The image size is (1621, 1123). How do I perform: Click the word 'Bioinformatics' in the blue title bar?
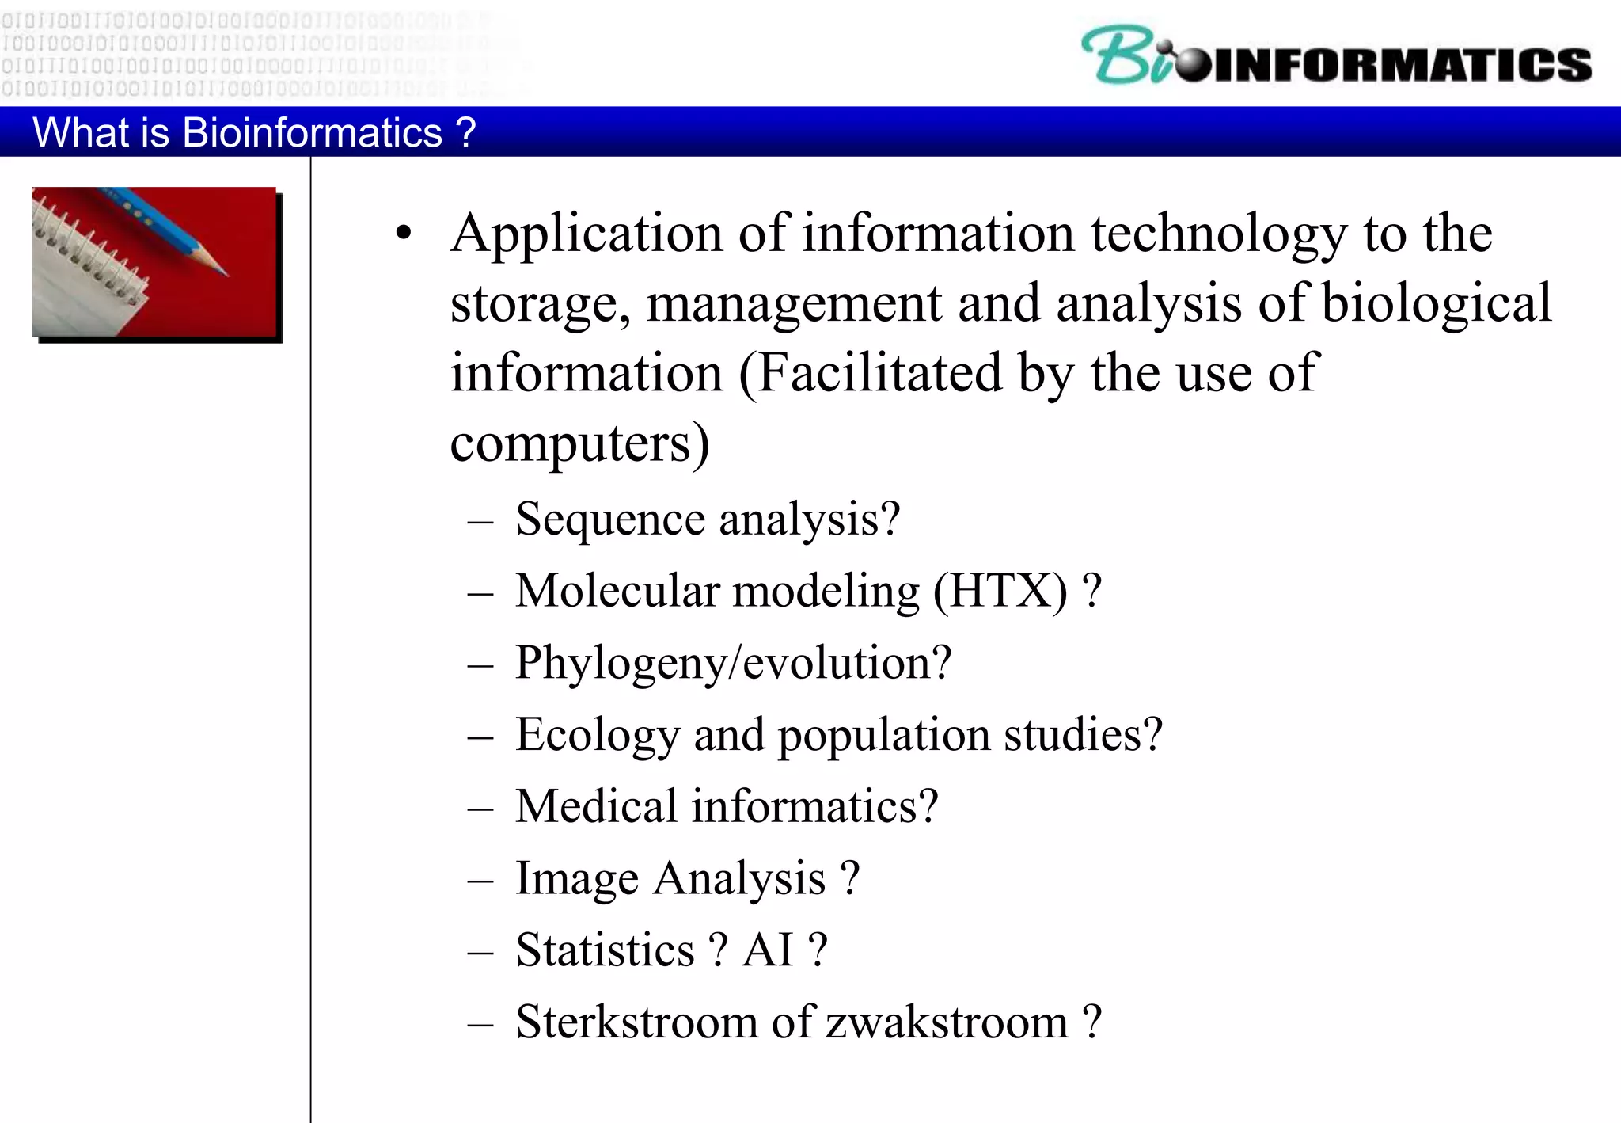click(x=312, y=132)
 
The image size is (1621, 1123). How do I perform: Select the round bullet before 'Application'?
click(x=404, y=234)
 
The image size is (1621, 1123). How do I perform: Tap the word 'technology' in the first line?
click(x=1219, y=235)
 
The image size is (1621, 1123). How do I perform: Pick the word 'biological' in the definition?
click(x=1437, y=303)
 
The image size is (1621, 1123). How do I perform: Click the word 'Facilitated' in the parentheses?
click(x=879, y=372)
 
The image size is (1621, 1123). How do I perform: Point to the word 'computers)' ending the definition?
click(x=579, y=443)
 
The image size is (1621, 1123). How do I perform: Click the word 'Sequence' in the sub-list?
click(x=610, y=520)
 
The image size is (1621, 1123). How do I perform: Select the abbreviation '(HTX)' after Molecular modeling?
click(x=1001, y=592)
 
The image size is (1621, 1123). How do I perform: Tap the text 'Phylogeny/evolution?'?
click(x=733, y=663)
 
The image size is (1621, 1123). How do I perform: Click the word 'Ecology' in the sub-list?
click(x=598, y=736)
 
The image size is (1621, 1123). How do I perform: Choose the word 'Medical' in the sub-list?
click(x=596, y=807)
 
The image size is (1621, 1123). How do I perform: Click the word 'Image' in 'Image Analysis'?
click(x=577, y=879)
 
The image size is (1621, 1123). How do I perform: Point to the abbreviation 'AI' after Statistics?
click(x=767, y=950)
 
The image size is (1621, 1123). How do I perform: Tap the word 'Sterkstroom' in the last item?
click(x=636, y=1022)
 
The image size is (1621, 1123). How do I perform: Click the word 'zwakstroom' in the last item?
click(x=947, y=1022)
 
